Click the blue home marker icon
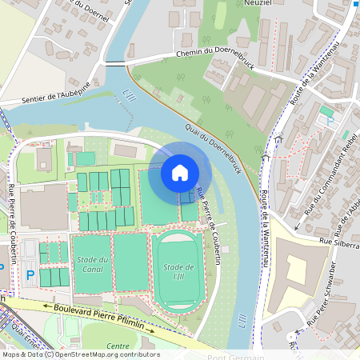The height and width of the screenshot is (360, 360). tap(180, 172)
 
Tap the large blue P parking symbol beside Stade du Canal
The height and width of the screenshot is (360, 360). tap(30, 275)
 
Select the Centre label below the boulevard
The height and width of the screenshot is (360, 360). tap(118, 346)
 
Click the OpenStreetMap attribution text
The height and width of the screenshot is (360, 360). tap(80, 354)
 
